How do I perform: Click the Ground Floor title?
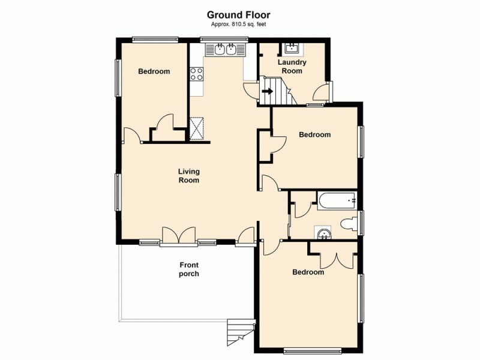point(238,14)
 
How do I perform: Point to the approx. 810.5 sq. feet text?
point(238,25)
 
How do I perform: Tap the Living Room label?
point(188,176)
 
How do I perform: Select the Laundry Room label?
point(292,66)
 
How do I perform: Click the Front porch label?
point(189,269)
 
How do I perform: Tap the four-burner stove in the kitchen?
point(196,74)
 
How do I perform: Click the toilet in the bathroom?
point(347,224)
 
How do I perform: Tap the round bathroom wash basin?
point(324,233)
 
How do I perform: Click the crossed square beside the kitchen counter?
point(197,128)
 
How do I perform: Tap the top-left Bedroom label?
point(154,71)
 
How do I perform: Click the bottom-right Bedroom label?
point(308,272)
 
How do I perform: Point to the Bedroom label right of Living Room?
point(314,135)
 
